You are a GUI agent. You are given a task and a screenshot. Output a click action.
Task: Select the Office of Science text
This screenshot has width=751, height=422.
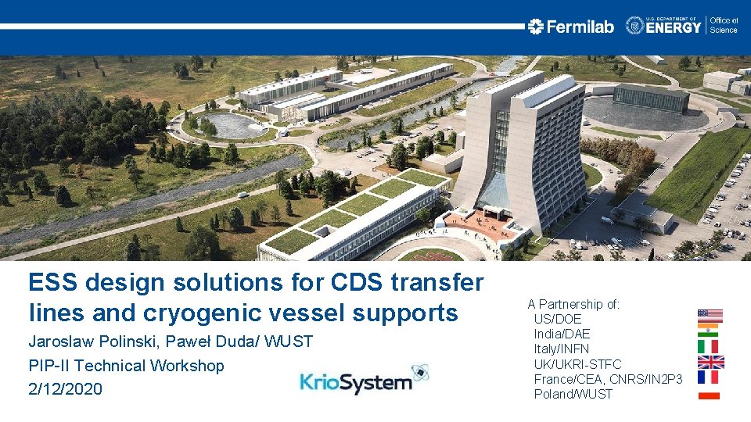pos(724,25)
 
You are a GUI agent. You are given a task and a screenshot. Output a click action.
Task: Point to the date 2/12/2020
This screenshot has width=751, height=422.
pos(65,388)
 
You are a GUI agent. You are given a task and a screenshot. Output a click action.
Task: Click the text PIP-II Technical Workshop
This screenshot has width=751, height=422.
pos(126,365)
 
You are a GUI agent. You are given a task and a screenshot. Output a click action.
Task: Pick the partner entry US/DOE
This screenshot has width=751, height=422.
pos(558,319)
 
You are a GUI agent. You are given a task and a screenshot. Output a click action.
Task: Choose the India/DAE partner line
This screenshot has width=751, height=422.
pos(562,334)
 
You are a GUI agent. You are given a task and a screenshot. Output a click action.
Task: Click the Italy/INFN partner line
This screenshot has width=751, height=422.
pos(561,349)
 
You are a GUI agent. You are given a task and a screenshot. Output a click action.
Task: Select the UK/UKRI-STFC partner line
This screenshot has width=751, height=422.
pos(577,364)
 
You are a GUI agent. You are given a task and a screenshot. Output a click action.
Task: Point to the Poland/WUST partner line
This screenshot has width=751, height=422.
pos(573,394)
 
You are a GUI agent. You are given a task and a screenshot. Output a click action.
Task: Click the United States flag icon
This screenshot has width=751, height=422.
pos(710,316)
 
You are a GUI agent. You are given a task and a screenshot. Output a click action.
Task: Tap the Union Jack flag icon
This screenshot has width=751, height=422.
pos(710,362)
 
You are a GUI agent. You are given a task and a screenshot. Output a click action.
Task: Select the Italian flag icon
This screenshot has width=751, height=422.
pos(710,346)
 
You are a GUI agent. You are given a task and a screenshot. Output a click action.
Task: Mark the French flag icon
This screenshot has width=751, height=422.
pos(710,377)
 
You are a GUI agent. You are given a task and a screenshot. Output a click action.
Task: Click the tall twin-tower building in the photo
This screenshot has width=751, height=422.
pos(520,148)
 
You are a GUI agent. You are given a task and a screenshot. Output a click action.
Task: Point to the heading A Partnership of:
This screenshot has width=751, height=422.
pos(573,304)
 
